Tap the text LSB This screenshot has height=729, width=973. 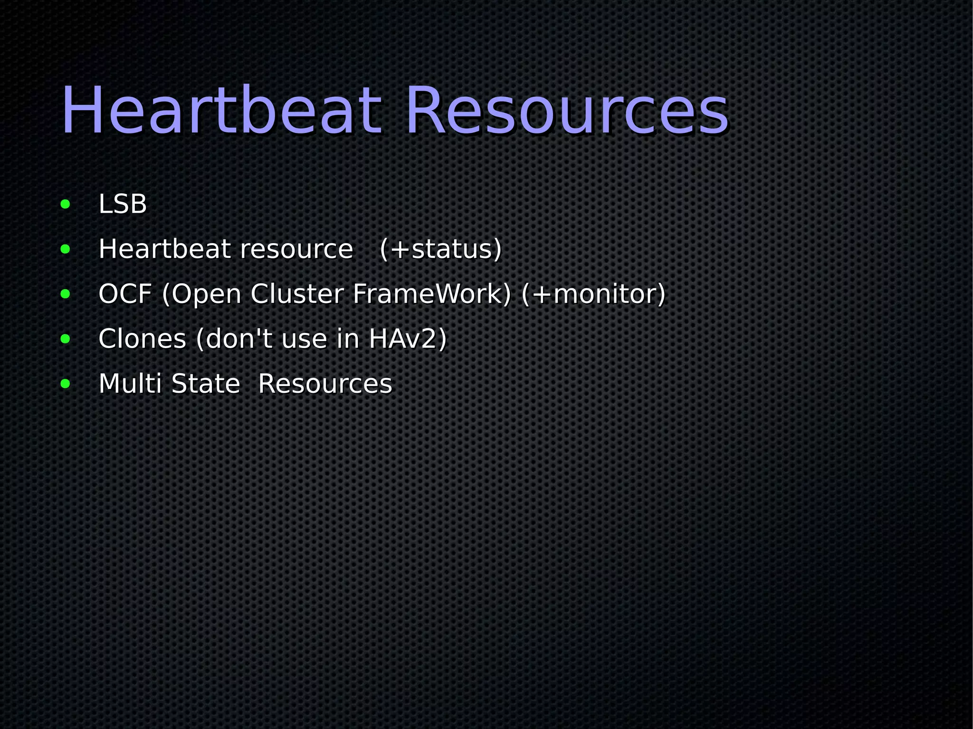[123, 204]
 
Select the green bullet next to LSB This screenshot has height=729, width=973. [65, 205]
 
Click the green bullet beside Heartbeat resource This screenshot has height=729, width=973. [65, 249]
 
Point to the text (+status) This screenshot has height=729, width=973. [440, 249]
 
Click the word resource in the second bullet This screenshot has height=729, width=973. [296, 249]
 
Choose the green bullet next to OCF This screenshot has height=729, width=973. [65, 294]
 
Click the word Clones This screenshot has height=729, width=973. [142, 339]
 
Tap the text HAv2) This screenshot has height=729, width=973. [408, 339]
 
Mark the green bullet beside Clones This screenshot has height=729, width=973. [65, 339]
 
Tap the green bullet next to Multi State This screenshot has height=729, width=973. [65, 384]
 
